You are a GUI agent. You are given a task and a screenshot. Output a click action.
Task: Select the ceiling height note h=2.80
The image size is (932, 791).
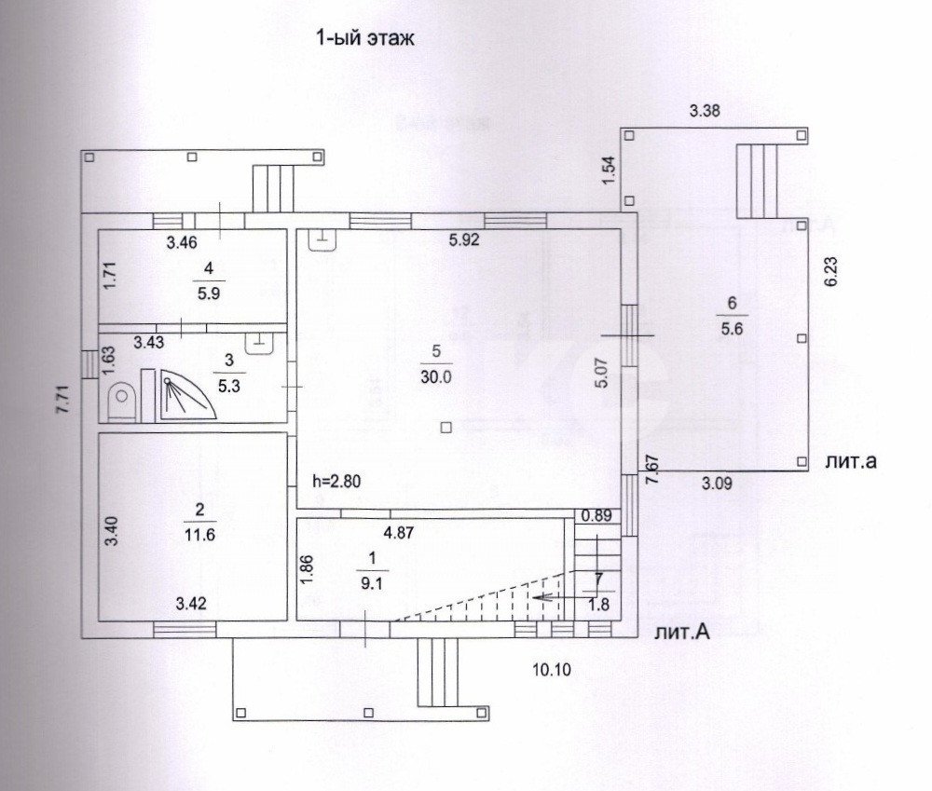point(336,483)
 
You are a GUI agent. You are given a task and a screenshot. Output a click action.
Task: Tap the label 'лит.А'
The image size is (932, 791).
point(683,634)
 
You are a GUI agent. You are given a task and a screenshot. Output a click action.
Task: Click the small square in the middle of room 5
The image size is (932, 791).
point(446,428)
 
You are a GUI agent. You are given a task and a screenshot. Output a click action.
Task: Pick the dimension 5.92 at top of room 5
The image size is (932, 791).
point(464,239)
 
